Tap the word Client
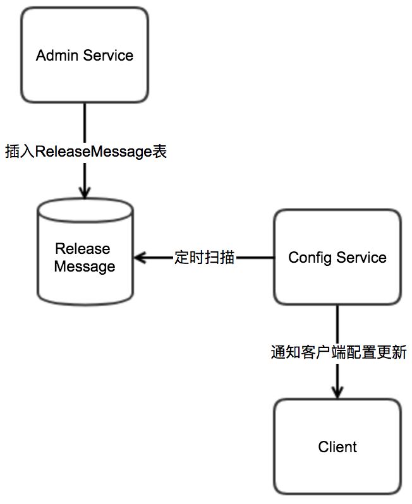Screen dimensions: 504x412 click(337, 447)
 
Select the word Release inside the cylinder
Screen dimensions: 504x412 click(83, 249)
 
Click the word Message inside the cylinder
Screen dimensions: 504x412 click(85, 267)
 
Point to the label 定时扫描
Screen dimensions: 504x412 click(204, 258)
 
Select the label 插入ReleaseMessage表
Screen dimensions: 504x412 click(85, 152)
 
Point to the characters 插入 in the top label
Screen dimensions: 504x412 click(20, 152)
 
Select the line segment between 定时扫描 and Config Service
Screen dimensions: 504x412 click(255, 258)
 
